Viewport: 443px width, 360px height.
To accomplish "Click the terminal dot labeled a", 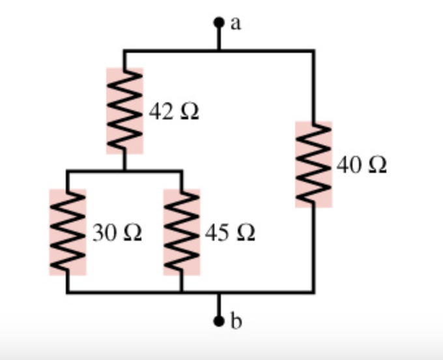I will pos(219,23).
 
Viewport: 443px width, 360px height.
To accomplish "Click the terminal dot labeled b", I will pos(219,320).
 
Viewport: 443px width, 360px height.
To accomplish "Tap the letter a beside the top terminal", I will pos(236,24).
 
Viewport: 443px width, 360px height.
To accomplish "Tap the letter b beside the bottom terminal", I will pos(236,321).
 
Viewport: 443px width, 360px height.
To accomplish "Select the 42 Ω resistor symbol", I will pos(124,111).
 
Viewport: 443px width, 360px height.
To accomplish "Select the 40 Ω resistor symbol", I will pos(313,164).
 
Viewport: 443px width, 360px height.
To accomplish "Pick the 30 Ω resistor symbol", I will pos(67,232).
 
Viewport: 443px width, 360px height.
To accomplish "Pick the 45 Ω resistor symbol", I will pos(181,232).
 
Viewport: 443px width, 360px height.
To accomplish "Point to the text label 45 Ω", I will pos(229,233).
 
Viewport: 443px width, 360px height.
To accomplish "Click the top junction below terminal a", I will pos(219,50).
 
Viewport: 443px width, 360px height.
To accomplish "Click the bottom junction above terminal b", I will pos(219,292).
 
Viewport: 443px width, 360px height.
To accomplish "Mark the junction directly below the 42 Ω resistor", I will pos(124,171).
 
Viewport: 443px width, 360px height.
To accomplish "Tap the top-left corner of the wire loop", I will pos(124,50).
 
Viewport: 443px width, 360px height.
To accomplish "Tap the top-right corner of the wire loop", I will pos(313,50).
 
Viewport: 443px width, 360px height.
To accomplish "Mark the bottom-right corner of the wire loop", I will pos(313,292).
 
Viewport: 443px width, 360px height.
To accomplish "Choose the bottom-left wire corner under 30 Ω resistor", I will pos(67,292).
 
